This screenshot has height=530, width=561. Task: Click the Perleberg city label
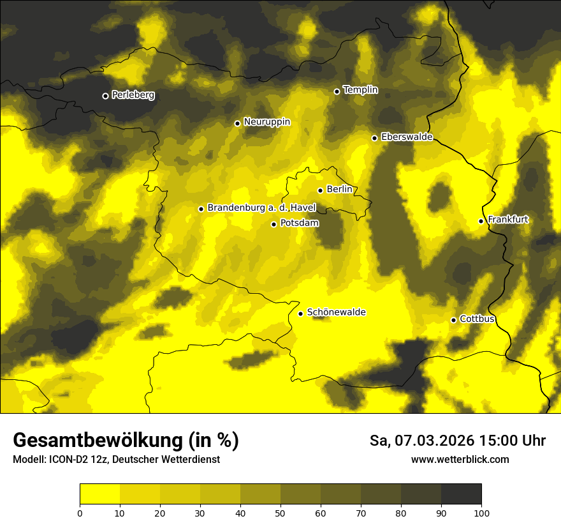[133, 95]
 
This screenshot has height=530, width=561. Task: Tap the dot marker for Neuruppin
[237, 123]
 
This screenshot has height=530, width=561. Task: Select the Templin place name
[361, 90]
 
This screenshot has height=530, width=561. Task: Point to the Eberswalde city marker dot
[374, 138]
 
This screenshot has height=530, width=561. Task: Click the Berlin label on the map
[339, 189]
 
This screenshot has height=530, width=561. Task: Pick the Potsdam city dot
[273, 224]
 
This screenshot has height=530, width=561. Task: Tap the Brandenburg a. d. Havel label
[261, 208]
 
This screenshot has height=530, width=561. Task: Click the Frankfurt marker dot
[481, 222]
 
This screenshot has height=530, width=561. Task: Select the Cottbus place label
[477, 319]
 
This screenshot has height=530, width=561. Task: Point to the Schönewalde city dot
[300, 314]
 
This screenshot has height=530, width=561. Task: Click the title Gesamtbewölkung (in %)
[126, 440]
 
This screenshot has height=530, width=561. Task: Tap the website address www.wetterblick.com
[460, 459]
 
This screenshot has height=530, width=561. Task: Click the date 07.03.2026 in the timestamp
[433, 440]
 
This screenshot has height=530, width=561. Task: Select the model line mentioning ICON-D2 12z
[116, 459]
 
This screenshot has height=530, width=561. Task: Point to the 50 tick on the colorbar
[280, 512]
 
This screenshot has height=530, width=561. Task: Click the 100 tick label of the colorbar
[481, 512]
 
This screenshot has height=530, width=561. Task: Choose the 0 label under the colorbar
[80, 512]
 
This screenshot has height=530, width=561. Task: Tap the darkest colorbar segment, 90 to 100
[461, 494]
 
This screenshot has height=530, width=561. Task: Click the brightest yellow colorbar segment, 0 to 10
[99, 494]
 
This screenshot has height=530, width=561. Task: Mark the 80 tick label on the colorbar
[401, 512]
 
